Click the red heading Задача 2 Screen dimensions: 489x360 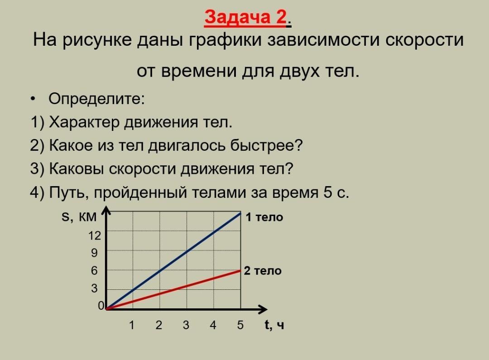(x=245, y=17)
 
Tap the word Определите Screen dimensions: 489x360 (x=96, y=99)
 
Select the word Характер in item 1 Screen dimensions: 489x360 (x=84, y=122)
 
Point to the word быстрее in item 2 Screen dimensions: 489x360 (x=266, y=145)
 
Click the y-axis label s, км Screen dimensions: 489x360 (x=79, y=216)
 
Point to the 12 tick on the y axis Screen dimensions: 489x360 (x=95, y=235)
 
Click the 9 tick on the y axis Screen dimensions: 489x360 (x=94, y=253)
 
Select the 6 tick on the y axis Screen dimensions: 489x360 (x=94, y=270)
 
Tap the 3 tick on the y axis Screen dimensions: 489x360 (x=94, y=288)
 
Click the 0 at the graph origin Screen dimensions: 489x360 (x=101, y=306)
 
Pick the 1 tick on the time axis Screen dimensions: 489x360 (x=132, y=325)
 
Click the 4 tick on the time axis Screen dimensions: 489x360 (x=213, y=325)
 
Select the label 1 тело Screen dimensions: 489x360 (x=264, y=217)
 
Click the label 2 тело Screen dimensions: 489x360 (x=263, y=270)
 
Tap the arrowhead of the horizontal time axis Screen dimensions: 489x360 (x=264, y=309)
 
